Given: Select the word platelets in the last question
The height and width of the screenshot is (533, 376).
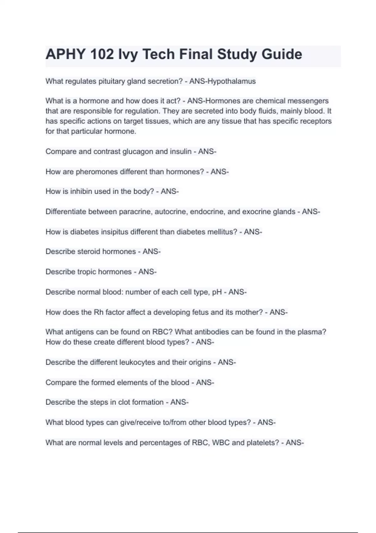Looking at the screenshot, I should pos(263,443).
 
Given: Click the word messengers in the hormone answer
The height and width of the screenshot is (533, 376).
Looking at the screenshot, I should pos(308,101).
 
